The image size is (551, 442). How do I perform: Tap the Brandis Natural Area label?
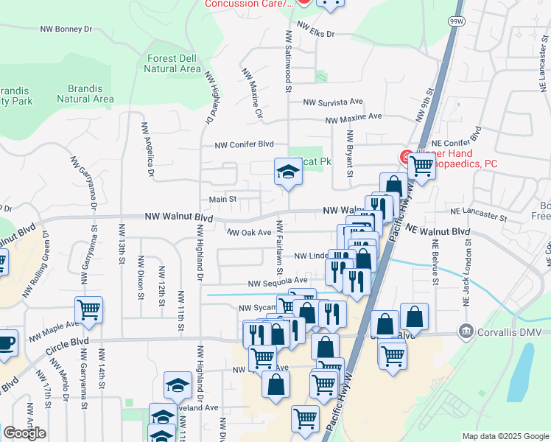(x=85, y=93)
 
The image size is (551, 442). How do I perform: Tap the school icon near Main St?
(x=288, y=173)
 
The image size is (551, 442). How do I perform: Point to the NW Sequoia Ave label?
(x=278, y=281)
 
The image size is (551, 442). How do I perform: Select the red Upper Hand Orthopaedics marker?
(x=405, y=157)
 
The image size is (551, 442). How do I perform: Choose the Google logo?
(x=24, y=433)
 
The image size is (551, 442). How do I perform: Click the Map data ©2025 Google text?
(x=505, y=436)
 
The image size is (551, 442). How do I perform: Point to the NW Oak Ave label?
(x=250, y=233)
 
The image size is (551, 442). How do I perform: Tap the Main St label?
(x=222, y=199)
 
